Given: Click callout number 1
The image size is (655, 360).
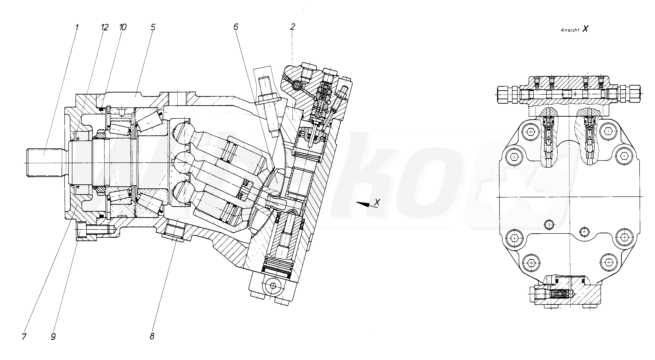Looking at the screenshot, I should (x=77, y=27).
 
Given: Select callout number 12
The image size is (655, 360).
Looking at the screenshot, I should (x=105, y=27).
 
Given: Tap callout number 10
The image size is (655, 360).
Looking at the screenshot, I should (x=123, y=27).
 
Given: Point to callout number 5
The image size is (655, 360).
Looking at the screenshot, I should (x=153, y=27).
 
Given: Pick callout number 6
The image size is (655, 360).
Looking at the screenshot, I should (x=236, y=27).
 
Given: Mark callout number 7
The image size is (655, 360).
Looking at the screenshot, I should (x=24, y=337).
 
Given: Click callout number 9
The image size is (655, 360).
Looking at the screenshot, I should (x=53, y=337).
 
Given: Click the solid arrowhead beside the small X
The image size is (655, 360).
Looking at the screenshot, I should (x=362, y=204).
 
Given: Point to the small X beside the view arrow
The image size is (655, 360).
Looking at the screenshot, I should (x=377, y=202).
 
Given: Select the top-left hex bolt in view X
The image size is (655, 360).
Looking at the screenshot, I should (x=531, y=132).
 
